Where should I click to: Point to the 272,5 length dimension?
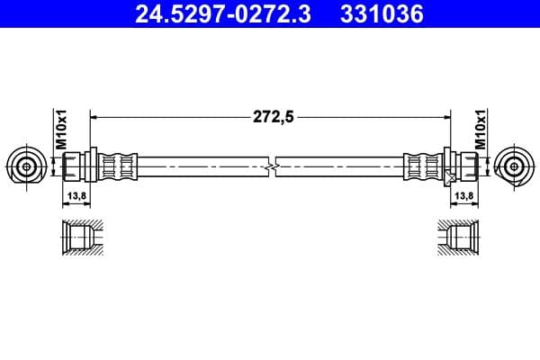273,115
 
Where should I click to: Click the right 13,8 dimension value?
464,194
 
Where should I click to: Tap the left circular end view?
26,166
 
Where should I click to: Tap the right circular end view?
514,166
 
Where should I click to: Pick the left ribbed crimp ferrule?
117,166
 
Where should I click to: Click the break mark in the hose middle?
272,166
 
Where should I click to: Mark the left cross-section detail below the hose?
78,237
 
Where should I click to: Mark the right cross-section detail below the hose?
462,237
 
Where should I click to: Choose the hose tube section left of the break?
202,166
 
